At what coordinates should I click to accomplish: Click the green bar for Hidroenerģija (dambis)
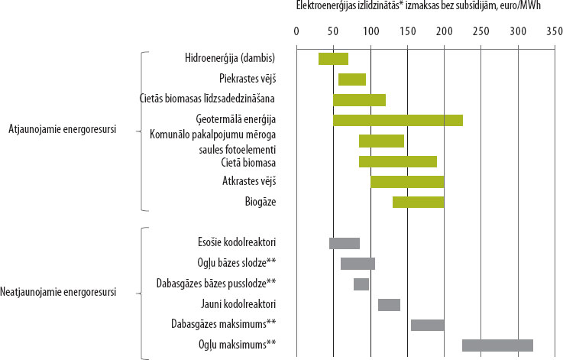(333, 59)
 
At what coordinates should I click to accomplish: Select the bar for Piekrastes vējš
(352, 79)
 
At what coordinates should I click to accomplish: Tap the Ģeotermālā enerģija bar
(397, 120)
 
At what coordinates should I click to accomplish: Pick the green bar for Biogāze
(418, 202)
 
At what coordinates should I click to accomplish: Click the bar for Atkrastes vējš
(407, 181)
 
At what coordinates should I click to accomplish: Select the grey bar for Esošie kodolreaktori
(345, 243)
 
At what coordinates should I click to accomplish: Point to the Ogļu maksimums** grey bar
(497, 345)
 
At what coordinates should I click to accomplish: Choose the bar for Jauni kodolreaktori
(389, 304)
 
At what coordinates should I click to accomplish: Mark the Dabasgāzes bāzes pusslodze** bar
(361, 284)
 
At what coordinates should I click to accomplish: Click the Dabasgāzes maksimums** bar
(427, 325)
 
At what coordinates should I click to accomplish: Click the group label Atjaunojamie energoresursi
(62, 128)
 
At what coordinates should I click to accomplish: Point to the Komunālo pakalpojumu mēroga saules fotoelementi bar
(381, 141)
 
